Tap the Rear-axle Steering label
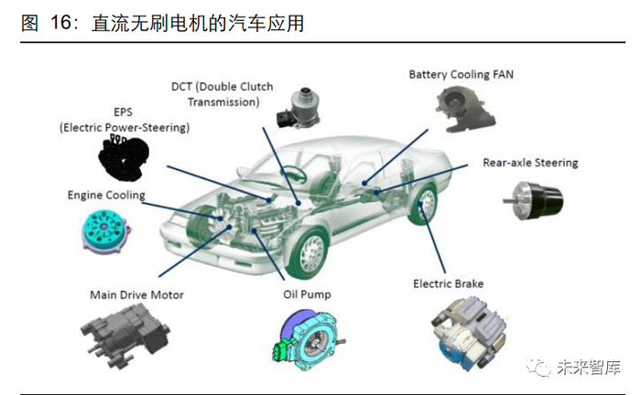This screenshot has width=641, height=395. [x=530, y=163]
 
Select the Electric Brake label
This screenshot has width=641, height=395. [x=448, y=284]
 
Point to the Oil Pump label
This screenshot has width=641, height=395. [x=307, y=294]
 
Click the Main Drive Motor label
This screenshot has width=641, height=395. [x=136, y=294]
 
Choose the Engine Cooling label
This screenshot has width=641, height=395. [x=106, y=195]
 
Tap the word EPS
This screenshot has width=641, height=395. [x=123, y=112]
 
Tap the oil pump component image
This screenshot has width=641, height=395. [x=308, y=342]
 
